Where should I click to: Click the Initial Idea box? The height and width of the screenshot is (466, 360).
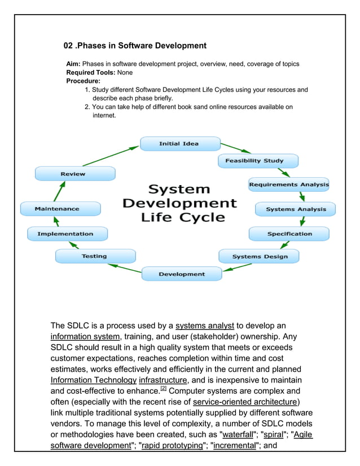click(178, 144)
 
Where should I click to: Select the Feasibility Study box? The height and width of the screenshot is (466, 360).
click(254, 161)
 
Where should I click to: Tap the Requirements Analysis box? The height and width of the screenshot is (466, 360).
click(289, 184)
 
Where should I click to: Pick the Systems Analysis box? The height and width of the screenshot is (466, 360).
click(296, 209)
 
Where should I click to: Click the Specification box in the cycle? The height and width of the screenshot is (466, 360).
click(289, 234)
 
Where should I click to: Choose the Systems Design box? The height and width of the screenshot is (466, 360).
click(259, 257)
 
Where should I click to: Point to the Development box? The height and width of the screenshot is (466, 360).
click(182, 274)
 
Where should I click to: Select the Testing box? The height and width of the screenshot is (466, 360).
click(94, 256)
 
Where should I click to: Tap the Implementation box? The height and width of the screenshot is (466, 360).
click(65, 234)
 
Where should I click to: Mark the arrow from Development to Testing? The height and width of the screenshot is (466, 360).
click(125, 267)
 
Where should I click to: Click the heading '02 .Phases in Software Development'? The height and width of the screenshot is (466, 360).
click(135, 46)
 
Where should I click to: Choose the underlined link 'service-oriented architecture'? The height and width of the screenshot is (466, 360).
click(244, 402)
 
